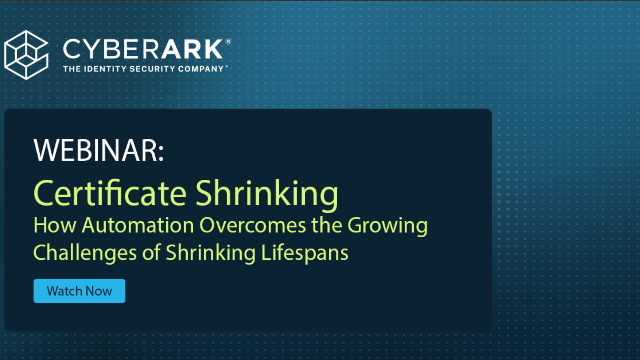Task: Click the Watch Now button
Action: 79,291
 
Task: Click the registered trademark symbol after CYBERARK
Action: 228,43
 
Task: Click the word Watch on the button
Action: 65,291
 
